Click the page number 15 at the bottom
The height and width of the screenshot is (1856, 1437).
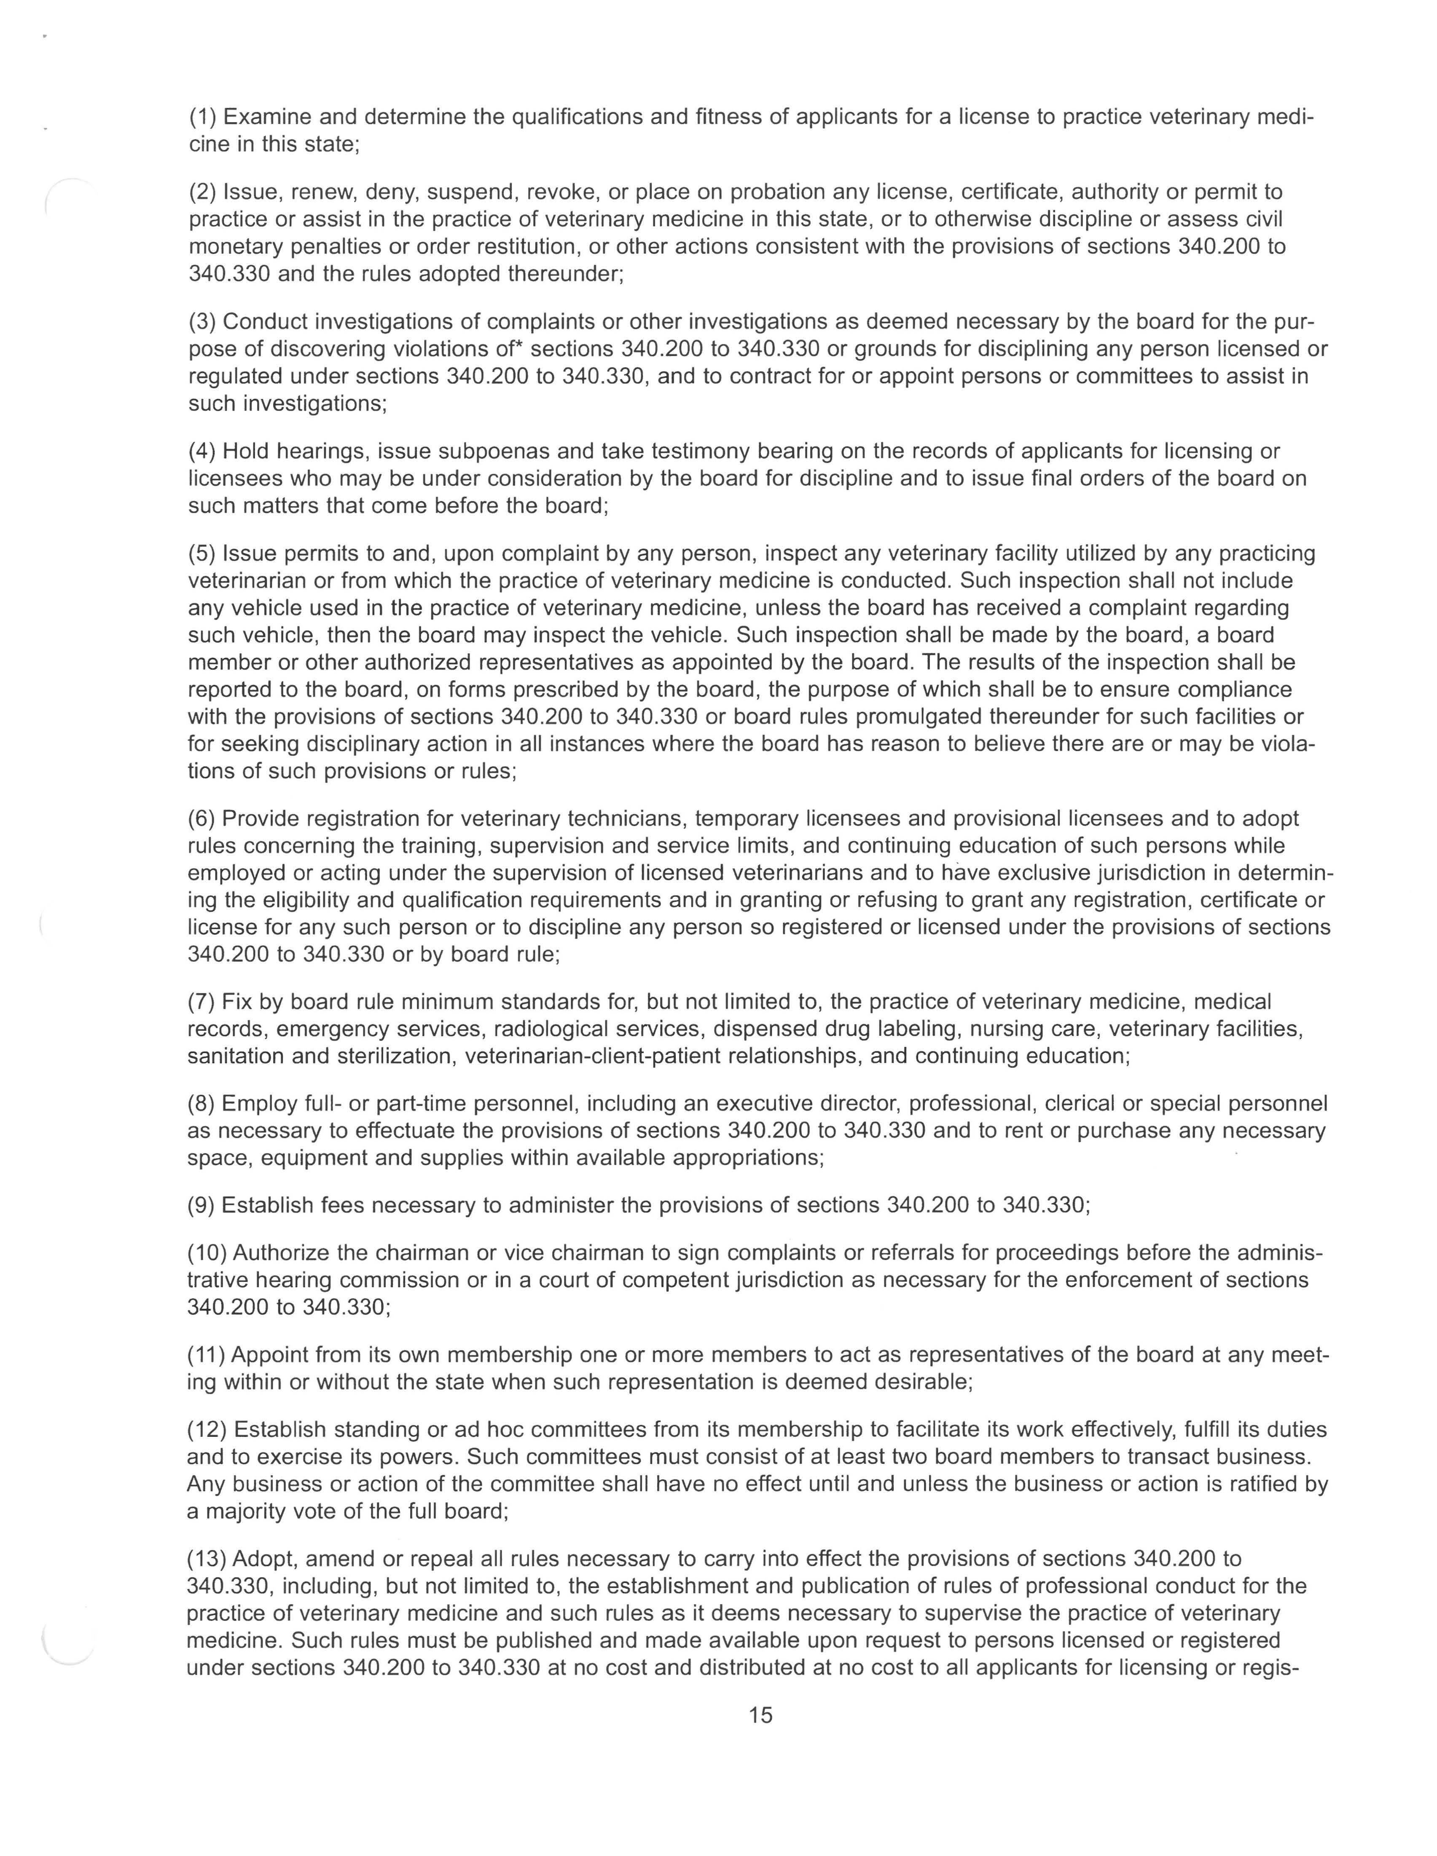tap(760, 1715)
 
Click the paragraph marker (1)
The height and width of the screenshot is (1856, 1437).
tap(202, 116)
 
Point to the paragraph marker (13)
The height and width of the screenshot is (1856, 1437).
tap(207, 1559)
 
